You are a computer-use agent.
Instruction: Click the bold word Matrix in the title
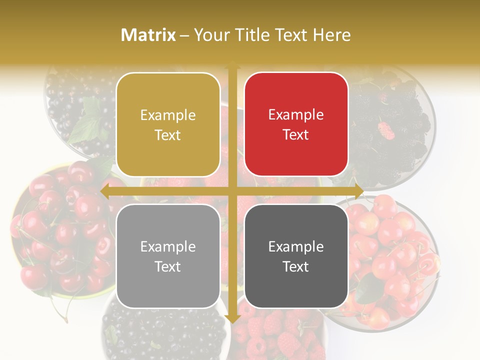[148, 35]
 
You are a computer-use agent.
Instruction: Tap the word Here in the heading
[331, 35]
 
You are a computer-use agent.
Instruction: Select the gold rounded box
[168, 124]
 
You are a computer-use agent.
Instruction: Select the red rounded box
[296, 124]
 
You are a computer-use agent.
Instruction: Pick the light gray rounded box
[168, 256]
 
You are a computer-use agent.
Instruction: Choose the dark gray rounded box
[296, 256]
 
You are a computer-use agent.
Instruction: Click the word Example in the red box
[296, 114]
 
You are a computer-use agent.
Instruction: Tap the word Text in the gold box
[168, 135]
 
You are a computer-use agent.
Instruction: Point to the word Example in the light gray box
[168, 246]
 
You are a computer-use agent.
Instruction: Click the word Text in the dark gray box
[296, 266]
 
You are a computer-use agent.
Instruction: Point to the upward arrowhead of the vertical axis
[232, 65]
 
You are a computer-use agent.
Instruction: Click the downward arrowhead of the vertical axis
[232, 318]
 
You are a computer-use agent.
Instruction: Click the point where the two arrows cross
[232, 191]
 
